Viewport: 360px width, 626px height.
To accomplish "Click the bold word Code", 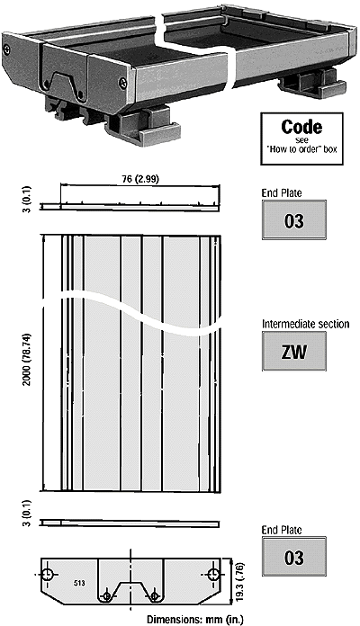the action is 301,127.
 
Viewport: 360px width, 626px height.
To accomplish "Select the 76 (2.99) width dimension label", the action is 139,179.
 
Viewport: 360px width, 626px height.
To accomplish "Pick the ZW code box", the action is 294,352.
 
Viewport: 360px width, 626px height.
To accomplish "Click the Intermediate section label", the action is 306,324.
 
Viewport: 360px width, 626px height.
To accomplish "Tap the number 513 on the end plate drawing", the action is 79,584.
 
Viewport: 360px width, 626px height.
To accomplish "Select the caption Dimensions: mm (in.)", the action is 194,620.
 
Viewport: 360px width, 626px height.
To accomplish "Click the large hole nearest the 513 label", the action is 48,575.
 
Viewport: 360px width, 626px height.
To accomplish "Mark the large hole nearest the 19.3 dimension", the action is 213,575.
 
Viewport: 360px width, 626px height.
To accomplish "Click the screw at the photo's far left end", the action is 7,49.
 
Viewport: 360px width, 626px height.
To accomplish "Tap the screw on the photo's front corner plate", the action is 122,83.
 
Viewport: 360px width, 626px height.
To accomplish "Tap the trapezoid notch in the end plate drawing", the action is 130,590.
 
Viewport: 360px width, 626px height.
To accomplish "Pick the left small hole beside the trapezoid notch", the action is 107,596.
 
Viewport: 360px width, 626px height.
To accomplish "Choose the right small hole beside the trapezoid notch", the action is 155,596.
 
